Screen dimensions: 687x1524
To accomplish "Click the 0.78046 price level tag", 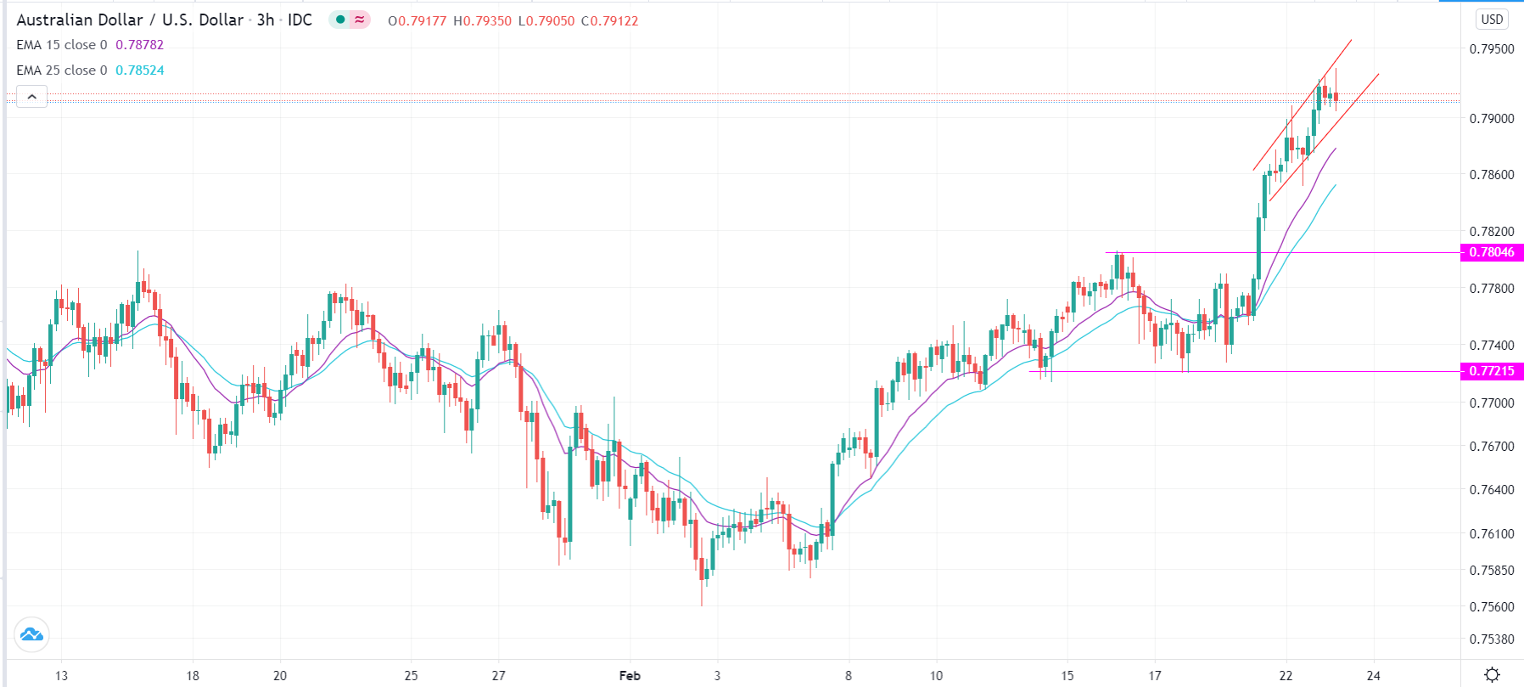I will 1491,252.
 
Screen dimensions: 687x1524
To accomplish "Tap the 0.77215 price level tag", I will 1491,371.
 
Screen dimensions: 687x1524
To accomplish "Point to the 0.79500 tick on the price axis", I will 1491,49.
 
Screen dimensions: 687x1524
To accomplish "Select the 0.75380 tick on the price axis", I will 1491,639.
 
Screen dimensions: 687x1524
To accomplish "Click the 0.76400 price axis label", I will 1491,490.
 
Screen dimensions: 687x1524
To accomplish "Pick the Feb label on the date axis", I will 630,676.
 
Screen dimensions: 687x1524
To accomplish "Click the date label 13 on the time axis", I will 61,676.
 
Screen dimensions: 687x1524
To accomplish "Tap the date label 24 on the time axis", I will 1373,676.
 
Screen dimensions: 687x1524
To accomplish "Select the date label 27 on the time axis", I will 498,676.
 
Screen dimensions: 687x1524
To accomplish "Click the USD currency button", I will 1492,20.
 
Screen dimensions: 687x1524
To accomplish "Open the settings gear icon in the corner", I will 1492,675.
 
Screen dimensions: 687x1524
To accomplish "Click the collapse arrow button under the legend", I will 31,97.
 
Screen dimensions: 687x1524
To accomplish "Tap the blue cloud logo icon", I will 31,634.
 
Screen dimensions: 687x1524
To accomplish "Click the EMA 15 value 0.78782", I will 139,45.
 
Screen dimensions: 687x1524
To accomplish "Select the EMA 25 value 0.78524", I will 139,70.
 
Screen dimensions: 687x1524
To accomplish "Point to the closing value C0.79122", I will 609,20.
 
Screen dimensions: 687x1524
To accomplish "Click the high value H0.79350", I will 482,20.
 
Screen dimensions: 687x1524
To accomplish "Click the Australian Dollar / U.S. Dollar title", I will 130,20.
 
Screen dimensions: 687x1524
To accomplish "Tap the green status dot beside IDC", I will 340,20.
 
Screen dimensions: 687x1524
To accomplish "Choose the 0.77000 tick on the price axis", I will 1491,403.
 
